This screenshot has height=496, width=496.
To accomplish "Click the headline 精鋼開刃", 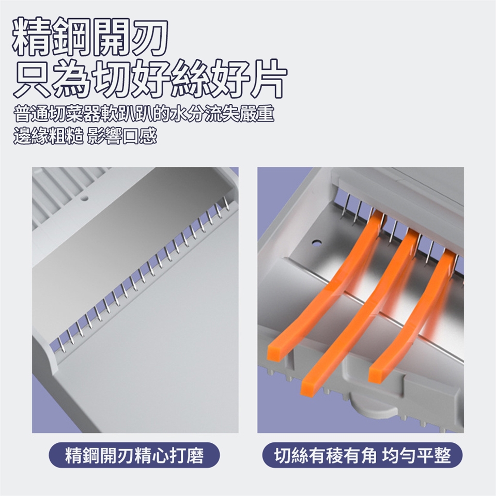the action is pos(90,38).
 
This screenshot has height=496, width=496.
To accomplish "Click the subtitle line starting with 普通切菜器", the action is pos(144,114).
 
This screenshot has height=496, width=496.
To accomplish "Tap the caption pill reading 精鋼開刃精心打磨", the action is pos(134,455).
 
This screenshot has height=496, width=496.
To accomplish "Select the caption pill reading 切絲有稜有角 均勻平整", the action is pos(362,455).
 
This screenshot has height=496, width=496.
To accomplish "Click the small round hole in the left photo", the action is pos(84,199).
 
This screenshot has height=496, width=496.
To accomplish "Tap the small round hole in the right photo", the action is pos(316,243).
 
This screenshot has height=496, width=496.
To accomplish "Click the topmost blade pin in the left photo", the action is pos(226,203).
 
